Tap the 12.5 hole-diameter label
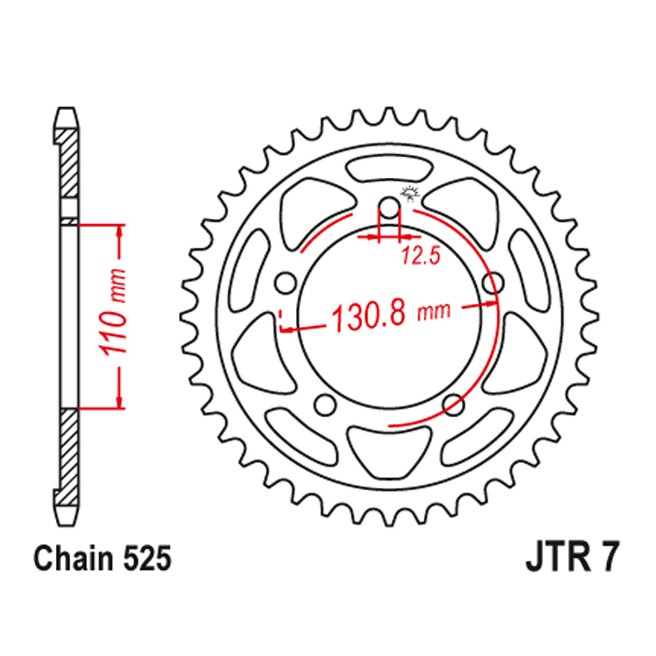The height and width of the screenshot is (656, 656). [x=421, y=256]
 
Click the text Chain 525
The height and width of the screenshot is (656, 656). [x=102, y=558]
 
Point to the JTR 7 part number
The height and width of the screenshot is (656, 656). [x=571, y=558]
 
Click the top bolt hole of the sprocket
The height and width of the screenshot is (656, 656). [x=390, y=207]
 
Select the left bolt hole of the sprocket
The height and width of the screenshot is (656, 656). [x=285, y=283]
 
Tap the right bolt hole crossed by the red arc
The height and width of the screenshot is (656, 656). [x=494, y=283]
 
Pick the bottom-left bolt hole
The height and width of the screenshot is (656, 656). [x=325, y=405]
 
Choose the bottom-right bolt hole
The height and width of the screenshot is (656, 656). [x=454, y=405]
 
